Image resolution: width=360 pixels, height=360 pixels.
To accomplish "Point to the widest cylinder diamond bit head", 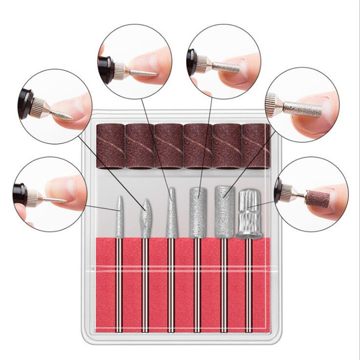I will click(224, 211).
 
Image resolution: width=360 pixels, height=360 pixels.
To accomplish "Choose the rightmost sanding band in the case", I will click(257, 147).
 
